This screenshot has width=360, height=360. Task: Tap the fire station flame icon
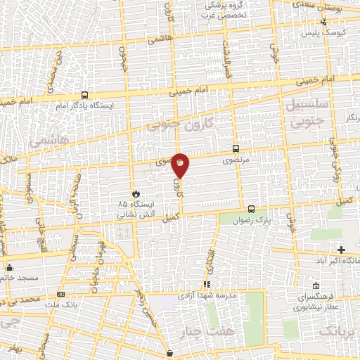135,193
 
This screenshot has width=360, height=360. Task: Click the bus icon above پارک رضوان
252,208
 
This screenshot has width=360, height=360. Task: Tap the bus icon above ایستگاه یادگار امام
84,95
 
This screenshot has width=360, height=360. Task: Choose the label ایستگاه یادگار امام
84,106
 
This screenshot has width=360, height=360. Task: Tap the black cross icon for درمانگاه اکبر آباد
342,250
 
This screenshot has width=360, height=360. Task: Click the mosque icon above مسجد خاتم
9,267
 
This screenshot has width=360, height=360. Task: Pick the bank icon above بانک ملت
61,294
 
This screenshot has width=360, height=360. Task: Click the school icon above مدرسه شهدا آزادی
207,284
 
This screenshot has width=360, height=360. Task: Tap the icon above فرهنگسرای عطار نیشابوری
316,286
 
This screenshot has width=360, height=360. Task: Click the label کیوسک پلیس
319,33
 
